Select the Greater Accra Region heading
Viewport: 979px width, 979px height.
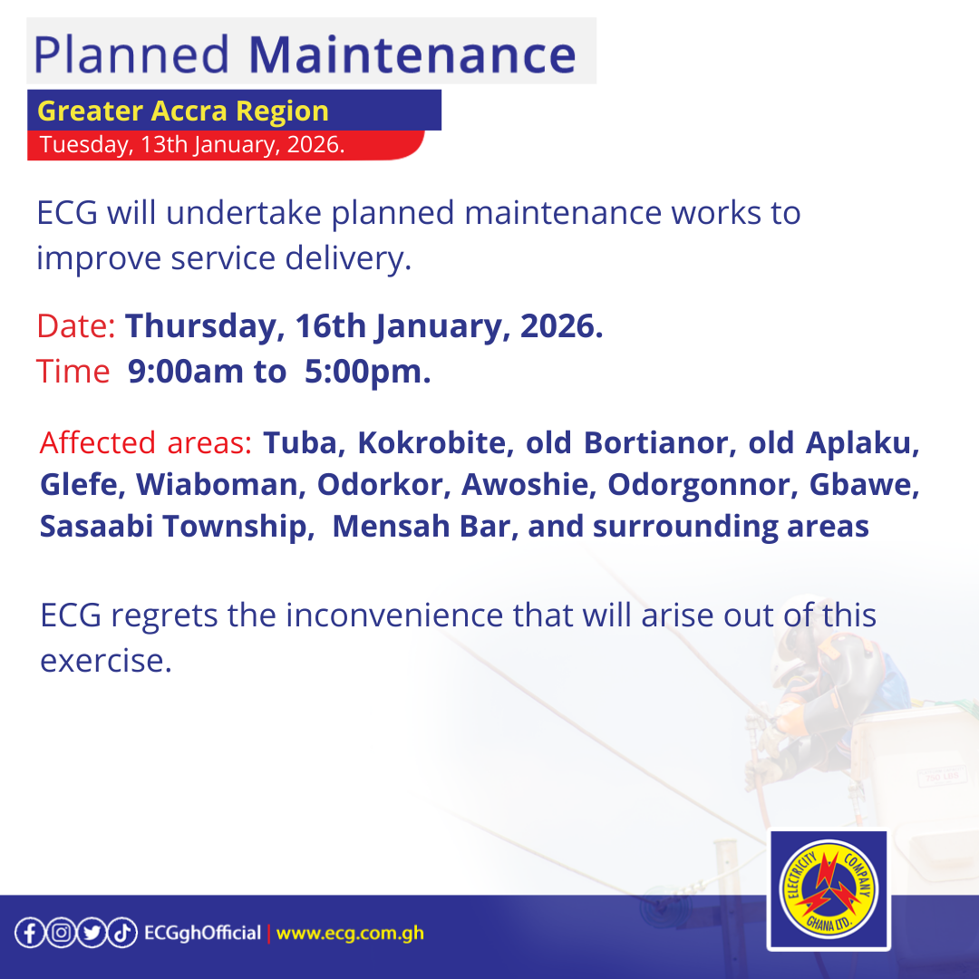pyautogui.click(x=183, y=111)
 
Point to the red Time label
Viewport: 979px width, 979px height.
pyautogui.click(x=73, y=372)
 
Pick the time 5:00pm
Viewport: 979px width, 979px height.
pyautogui.click(x=367, y=372)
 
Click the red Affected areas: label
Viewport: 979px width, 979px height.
pyautogui.click(x=145, y=443)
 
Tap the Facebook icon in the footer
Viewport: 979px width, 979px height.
pyautogui.click(x=30, y=933)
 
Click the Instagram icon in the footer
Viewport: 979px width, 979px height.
pyautogui.click(x=60, y=933)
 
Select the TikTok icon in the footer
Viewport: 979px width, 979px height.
pyautogui.click(x=121, y=933)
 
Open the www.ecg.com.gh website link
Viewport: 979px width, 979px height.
pyautogui.click(x=350, y=933)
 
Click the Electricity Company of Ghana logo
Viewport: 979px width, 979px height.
pyautogui.click(x=827, y=890)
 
